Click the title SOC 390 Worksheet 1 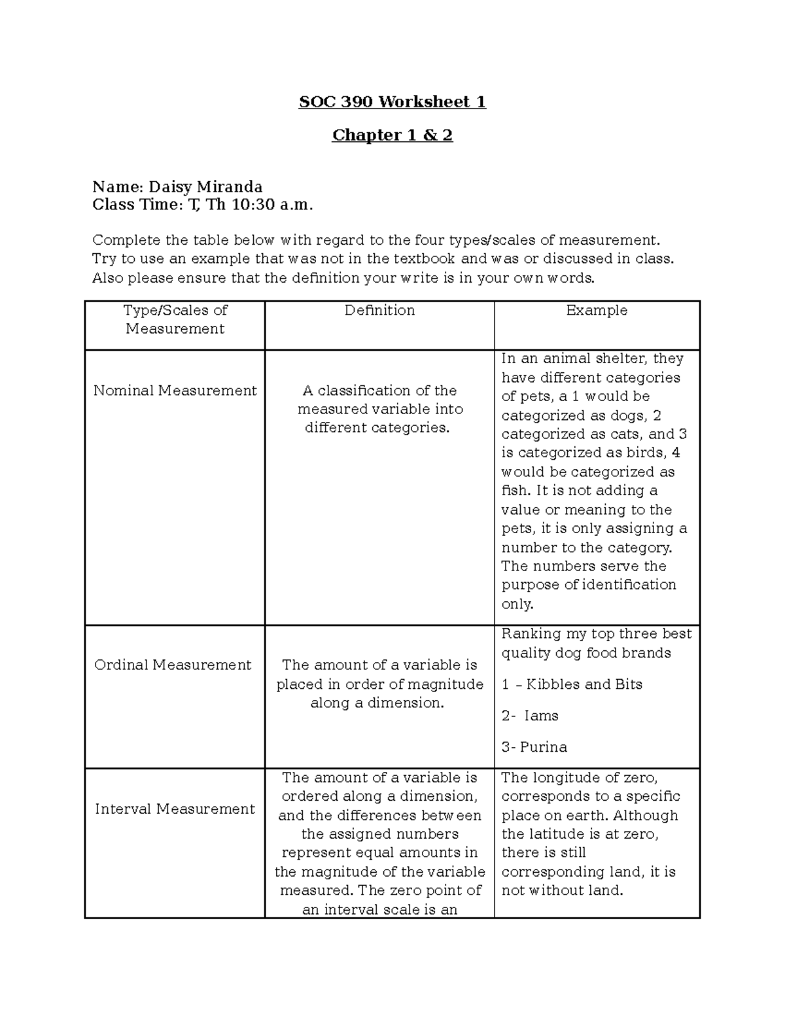tap(392, 102)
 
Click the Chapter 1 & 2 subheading tap(392, 135)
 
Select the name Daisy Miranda tap(205, 187)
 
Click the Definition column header tap(379, 311)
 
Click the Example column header tap(597, 311)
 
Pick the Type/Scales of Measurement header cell tap(175, 320)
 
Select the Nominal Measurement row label tap(175, 391)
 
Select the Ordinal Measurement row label tap(173, 665)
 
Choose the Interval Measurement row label tap(175, 809)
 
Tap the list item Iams tap(541, 716)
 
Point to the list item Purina tap(544, 747)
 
